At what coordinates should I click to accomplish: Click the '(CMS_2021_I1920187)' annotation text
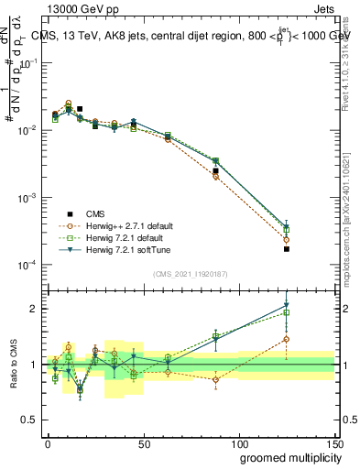(190, 273)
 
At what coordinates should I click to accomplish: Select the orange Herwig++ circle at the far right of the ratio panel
(287, 339)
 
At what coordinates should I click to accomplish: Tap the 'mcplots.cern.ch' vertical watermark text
(353, 224)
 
